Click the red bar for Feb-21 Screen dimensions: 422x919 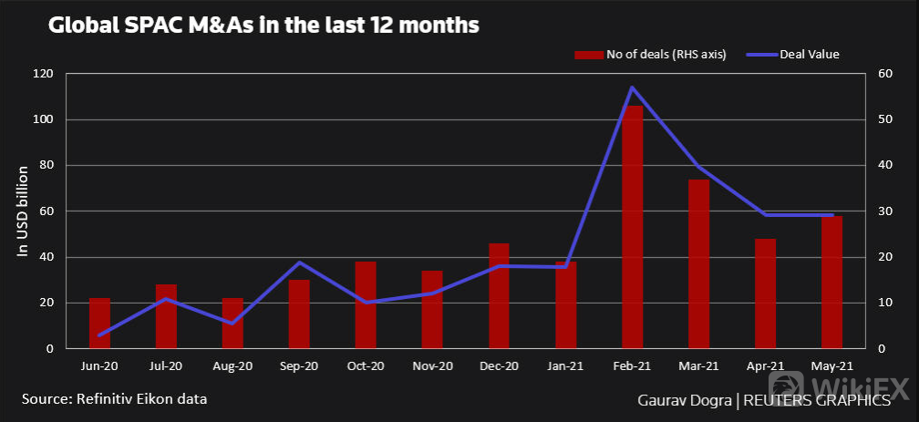click(633, 228)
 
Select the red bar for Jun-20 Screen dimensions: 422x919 click(99, 324)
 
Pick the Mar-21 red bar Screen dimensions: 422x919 click(699, 264)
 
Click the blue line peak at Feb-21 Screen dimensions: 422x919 click(632, 87)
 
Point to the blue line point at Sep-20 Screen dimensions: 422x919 click(299, 262)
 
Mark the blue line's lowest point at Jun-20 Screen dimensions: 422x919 click(99, 335)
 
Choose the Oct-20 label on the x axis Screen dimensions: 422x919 click(366, 366)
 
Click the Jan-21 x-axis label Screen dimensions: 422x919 click(565, 366)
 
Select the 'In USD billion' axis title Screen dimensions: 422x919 click(24, 211)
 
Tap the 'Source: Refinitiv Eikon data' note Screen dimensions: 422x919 click(115, 399)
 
